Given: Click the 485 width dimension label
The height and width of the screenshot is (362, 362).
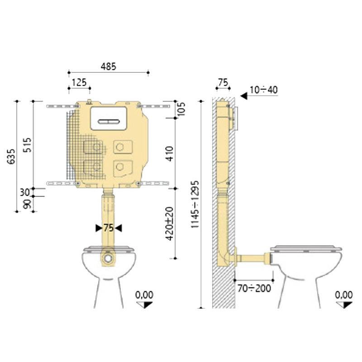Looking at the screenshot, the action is [108, 67].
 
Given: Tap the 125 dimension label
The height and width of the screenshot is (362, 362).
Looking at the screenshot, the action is [79, 82].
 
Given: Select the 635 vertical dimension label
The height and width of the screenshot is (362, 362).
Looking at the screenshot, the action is [11, 157].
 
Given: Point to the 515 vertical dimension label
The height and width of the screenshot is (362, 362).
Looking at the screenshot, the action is [28, 145].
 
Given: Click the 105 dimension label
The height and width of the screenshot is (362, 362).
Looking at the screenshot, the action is [182, 109].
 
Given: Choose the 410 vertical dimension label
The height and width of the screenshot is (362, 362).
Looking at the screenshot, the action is [169, 153].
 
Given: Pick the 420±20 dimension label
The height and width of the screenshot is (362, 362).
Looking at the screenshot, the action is [170, 224].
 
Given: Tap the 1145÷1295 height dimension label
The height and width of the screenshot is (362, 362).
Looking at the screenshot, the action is [195, 205].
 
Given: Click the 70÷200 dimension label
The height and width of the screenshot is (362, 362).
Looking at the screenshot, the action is [254, 288].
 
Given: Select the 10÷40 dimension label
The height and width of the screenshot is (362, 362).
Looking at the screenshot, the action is [264, 90].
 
